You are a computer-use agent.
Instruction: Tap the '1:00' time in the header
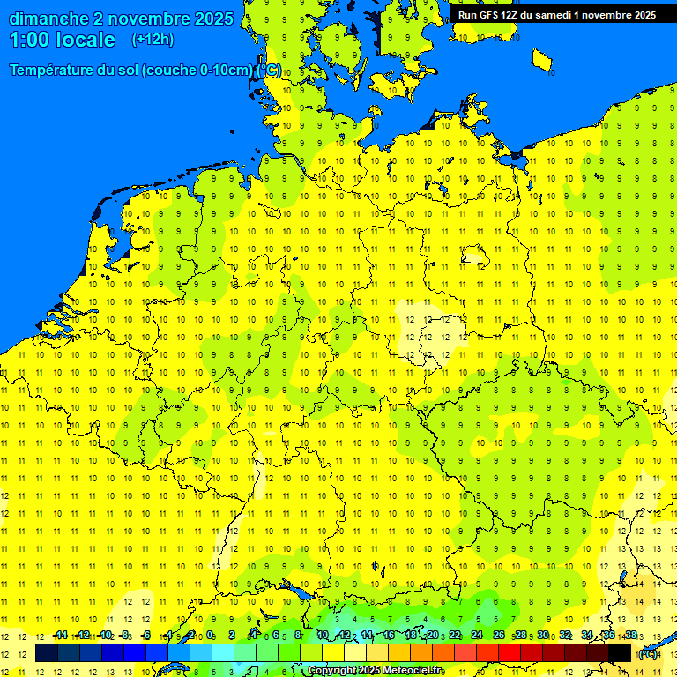coord(30,40)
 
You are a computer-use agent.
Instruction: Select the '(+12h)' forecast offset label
coord(153,40)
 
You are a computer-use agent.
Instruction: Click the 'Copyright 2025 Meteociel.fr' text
coord(376,671)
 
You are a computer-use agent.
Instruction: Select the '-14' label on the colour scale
coord(60,636)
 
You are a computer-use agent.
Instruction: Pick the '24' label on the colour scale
coord(477,636)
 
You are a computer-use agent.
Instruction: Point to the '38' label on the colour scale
coord(630,636)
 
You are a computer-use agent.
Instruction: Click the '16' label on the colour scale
coord(389,636)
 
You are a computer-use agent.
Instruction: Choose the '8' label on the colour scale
coord(298,636)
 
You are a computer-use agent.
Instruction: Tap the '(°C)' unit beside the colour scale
coord(648,653)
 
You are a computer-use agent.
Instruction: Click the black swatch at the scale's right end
coord(620,653)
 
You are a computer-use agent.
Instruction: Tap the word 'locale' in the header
coord(86,40)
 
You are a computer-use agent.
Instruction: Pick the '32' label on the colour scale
coord(565,636)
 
